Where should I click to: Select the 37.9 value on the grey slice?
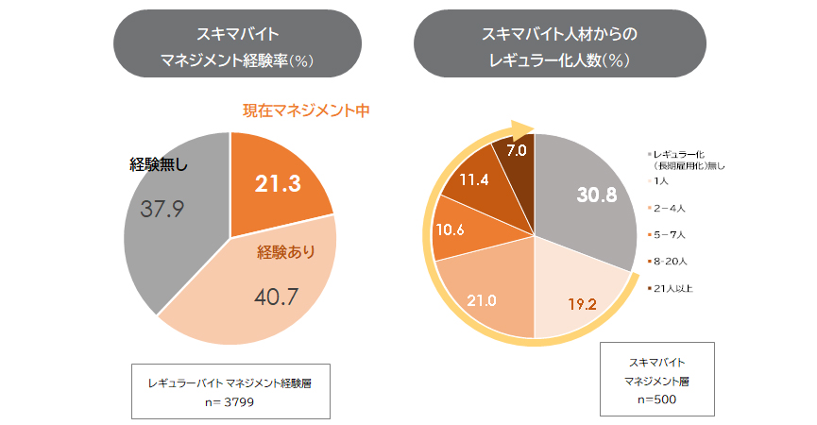coord(162,208)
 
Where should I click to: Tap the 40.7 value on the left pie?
coord(277,296)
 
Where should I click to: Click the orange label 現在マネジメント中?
coord(305,110)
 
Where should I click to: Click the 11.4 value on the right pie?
coord(474,178)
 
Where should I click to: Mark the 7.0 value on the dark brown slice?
coord(517,149)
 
